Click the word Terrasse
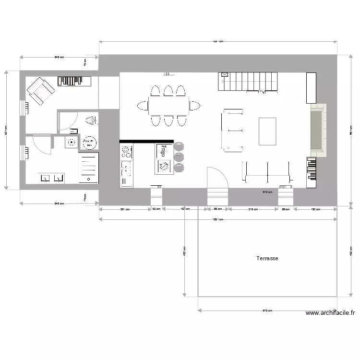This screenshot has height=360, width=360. click(267, 258)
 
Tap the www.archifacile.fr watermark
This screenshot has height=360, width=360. click(330, 313)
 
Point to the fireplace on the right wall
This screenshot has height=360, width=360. click(317, 131)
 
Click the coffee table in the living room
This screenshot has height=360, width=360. click(267, 131)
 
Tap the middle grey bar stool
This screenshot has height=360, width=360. click(179, 156)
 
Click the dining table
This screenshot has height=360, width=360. click(168, 106)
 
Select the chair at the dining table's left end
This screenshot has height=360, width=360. click(143, 106)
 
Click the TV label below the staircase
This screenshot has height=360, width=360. click(262, 92)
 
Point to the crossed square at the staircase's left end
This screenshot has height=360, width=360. click(224, 75)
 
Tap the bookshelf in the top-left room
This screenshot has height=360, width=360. click(74, 81)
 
